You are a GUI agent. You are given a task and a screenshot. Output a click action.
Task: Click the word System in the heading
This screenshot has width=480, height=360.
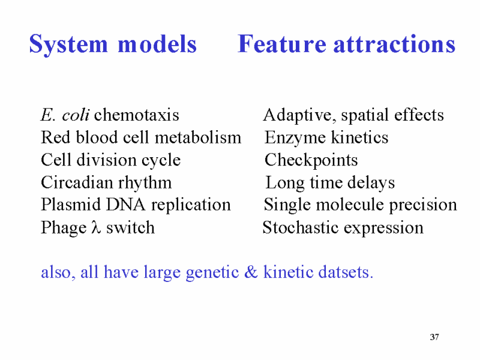tap(68, 44)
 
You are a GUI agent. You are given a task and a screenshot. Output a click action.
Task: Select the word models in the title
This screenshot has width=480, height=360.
tap(157, 44)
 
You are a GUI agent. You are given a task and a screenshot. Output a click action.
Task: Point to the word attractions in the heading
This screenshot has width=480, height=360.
tap(394, 44)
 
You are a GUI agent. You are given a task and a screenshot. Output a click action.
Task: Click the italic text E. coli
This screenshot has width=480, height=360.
tap(65, 115)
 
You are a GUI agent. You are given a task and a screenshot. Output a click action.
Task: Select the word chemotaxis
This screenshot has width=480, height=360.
tap(137, 115)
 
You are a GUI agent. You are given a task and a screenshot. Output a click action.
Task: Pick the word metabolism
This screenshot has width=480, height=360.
tap(198, 137)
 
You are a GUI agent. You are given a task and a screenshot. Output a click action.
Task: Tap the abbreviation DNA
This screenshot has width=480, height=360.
tap(125, 205)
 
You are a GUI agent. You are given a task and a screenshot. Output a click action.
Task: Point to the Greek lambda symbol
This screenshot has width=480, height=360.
tap(96, 227)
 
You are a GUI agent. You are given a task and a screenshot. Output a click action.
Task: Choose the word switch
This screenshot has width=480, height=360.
tap(130, 227)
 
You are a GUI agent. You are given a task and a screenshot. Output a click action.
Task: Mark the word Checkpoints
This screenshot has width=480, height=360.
tap(311, 160)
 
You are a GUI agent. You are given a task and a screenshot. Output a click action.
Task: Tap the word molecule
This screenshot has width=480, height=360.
tap(350, 205)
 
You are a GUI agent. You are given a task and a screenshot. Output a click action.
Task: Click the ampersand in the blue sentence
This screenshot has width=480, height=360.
tap(251, 272)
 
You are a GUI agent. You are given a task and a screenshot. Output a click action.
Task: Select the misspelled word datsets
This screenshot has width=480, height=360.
tap(346, 272)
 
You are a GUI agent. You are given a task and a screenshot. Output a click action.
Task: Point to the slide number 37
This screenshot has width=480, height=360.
tap(434, 337)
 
